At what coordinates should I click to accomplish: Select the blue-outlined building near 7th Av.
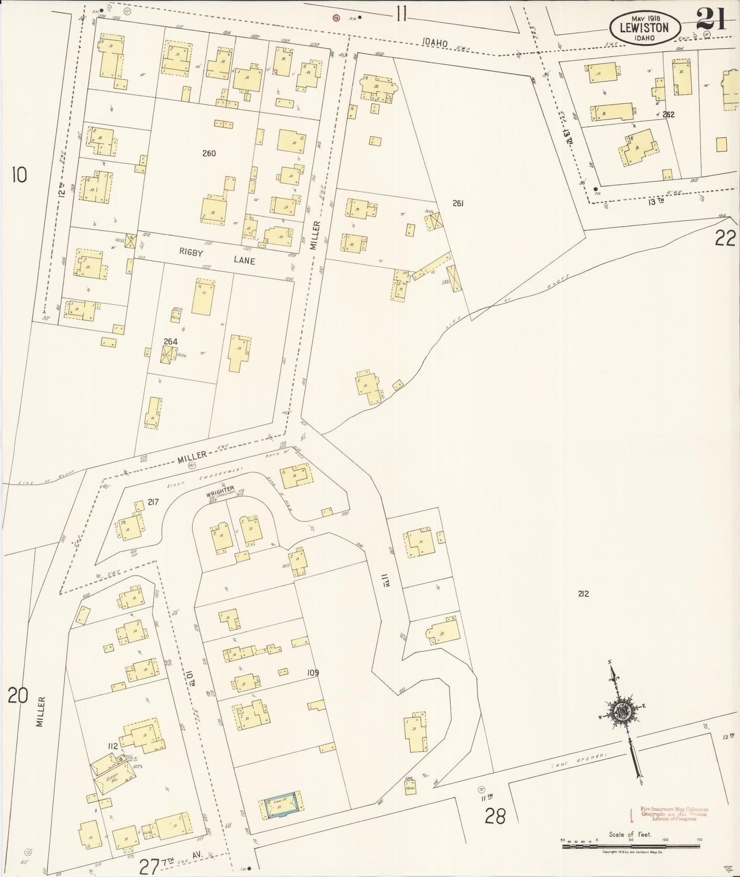point(281,810)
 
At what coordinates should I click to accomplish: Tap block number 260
point(209,153)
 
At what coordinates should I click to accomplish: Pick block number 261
point(458,204)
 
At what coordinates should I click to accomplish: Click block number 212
point(583,594)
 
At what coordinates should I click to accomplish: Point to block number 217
point(153,502)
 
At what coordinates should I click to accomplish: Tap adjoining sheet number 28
point(495,817)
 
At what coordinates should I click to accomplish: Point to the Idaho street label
point(436,44)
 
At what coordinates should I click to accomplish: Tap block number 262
point(668,115)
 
